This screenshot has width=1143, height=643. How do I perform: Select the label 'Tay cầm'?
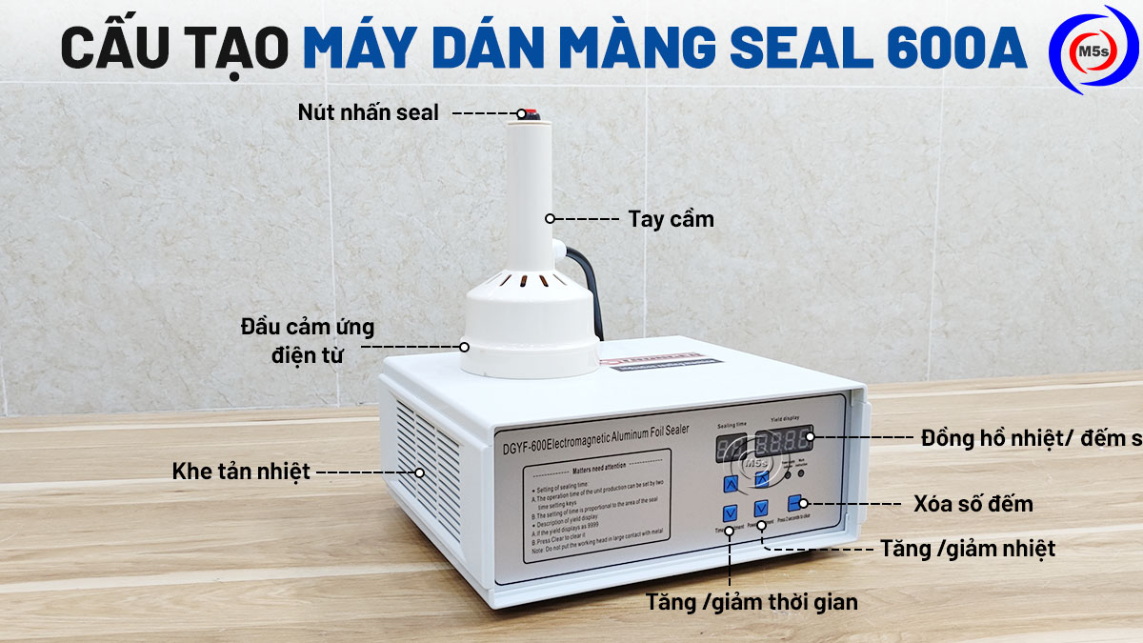pyautogui.click(x=671, y=219)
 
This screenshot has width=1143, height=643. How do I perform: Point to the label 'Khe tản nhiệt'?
pyautogui.click(x=242, y=472)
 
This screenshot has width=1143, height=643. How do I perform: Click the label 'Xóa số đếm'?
pyautogui.click(x=973, y=502)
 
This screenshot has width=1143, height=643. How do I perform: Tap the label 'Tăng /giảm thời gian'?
pyautogui.click(x=752, y=602)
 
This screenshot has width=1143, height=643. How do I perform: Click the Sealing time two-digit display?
pyautogui.click(x=732, y=447)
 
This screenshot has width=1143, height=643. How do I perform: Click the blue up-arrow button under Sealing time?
pyautogui.click(x=731, y=484)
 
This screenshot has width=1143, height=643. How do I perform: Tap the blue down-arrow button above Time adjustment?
pyautogui.click(x=730, y=513)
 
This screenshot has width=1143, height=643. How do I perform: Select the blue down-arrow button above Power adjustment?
pyautogui.click(x=762, y=508)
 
